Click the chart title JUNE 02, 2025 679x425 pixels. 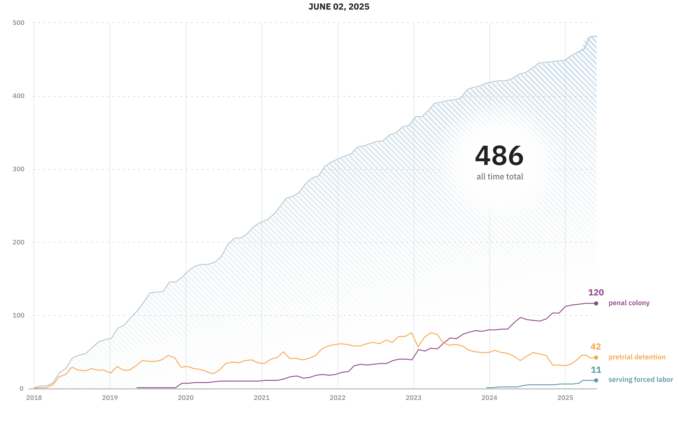pyautogui.click(x=339, y=7)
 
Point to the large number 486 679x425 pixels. pyautogui.click(x=499, y=156)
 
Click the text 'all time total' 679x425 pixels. pyautogui.click(x=500, y=177)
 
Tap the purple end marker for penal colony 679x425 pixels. pyautogui.click(x=596, y=303)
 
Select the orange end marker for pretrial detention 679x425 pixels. pyautogui.click(x=596, y=358)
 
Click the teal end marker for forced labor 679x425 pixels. pyautogui.click(x=596, y=380)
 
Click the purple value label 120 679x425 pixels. pyautogui.click(x=596, y=292)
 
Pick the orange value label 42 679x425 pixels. pyautogui.click(x=596, y=347)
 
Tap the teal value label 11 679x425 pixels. pyautogui.click(x=596, y=370)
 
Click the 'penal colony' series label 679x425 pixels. pyautogui.click(x=629, y=303)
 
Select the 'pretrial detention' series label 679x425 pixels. pyautogui.click(x=637, y=357)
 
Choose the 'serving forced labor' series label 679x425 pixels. pyautogui.click(x=641, y=380)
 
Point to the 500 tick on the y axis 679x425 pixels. pyautogui.click(x=19, y=23)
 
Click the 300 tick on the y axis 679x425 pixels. pyautogui.click(x=19, y=169)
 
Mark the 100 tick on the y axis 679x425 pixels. pyautogui.click(x=19, y=315)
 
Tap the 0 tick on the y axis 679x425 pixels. pyautogui.click(x=22, y=389)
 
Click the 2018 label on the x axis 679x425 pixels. pyautogui.click(x=34, y=398)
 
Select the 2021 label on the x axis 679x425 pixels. pyautogui.click(x=262, y=398)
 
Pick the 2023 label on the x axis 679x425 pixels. pyautogui.click(x=414, y=398)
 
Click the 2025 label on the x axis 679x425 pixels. pyautogui.click(x=565, y=398)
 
